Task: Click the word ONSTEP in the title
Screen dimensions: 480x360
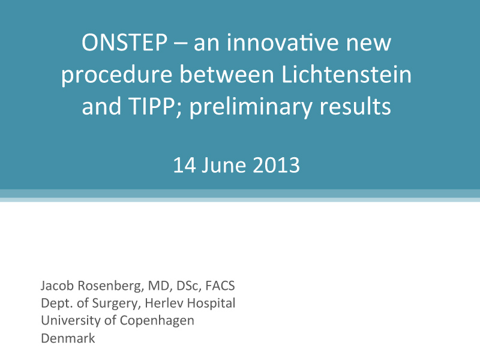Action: (x=125, y=43)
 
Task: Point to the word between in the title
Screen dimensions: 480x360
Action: (x=227, y=74)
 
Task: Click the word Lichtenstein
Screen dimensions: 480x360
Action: (x=347, y=74)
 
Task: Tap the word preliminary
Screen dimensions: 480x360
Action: (x=251, y=107)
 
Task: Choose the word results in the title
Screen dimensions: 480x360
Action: (x=355, y=106)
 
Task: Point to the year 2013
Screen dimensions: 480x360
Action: (x=277, y=166)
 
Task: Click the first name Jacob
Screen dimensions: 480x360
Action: (x=57, y=286)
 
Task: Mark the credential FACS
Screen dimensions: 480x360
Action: (x=220, y=286)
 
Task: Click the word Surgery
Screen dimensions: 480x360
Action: (x=116, y=304)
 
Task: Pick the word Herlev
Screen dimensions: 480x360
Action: (x=164, y=303)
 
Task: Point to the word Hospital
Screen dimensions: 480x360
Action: (x=211, y=304)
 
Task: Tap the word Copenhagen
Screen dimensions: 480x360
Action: (x=157, y=321)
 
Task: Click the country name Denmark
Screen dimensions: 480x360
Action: (x=68, y=338)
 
